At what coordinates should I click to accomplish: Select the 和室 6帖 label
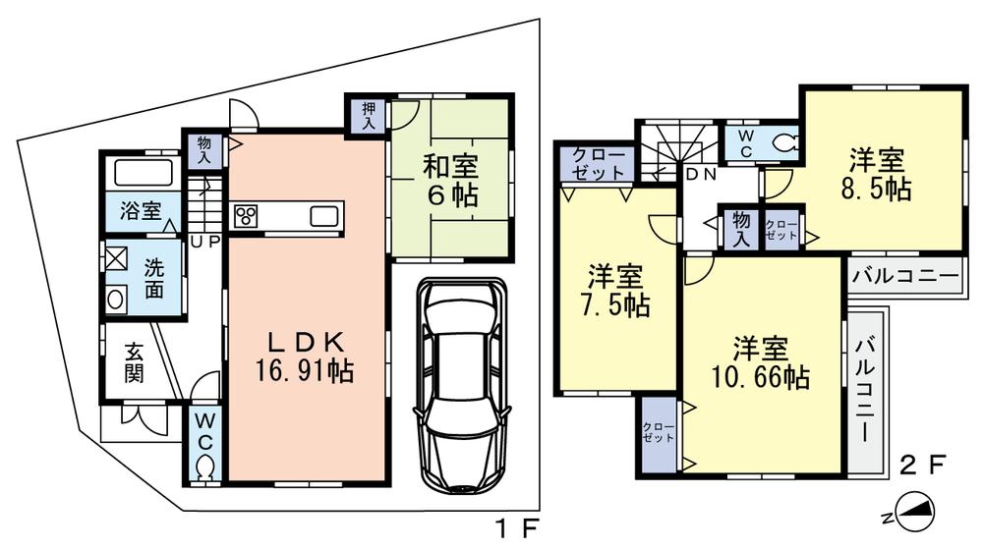click(450, 181)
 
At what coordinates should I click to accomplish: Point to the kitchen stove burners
click(246, 216)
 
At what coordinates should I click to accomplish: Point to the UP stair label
click(204, 240)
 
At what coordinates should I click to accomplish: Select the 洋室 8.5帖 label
click(877, 174)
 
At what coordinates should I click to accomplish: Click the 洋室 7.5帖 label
click(616, 292)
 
